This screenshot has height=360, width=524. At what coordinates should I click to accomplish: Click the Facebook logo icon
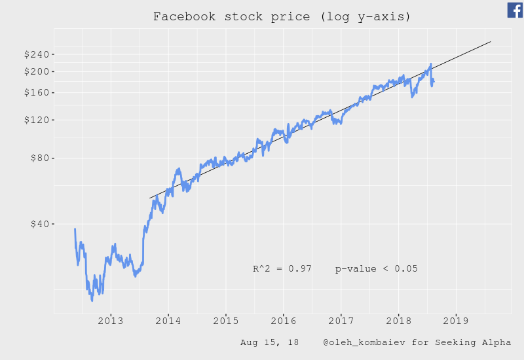515,10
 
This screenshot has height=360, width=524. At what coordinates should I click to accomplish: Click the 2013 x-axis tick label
110,320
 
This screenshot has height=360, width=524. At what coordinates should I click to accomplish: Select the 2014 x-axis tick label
168,320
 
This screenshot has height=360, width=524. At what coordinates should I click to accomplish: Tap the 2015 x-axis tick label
225,320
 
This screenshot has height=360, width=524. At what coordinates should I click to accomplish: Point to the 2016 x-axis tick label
283,320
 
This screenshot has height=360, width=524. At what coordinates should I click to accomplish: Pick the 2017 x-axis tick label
341,320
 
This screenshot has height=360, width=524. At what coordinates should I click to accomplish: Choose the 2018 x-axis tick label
399,320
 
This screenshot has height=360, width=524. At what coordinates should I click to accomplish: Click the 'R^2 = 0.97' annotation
282,269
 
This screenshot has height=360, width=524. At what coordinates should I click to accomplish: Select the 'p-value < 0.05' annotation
376,269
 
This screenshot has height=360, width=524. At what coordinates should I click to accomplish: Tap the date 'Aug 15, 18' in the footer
269,342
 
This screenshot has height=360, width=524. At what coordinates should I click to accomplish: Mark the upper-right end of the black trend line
491,41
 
